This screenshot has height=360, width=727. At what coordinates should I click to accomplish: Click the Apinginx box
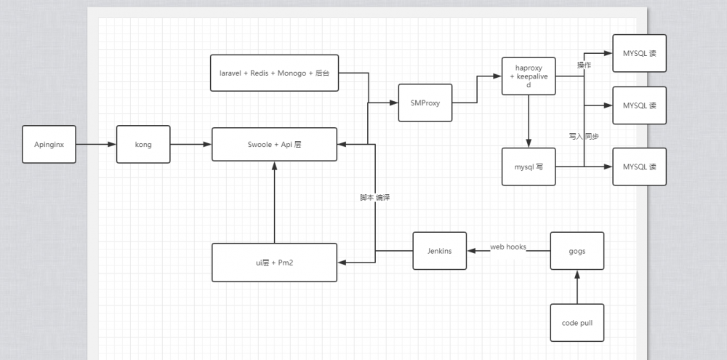coord(49,144)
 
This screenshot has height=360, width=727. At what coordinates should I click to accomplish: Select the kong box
coord(143,144)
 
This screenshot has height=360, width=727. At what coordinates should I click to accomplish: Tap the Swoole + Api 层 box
coord(274,144)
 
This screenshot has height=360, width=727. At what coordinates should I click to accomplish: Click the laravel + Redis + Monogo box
coord(274,73)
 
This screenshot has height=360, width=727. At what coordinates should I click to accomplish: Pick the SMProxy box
coord(425,103)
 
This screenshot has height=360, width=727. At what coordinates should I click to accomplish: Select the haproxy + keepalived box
coord(529,76)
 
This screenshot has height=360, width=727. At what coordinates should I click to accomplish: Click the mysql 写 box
coord(529,167)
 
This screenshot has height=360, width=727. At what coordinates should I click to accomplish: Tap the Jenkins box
coord(439,251)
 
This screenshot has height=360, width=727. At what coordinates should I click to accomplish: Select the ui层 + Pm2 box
coord(274,262)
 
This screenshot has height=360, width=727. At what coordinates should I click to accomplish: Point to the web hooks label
coord(508,247)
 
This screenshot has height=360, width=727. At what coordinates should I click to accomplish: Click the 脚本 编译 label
coord(375,198)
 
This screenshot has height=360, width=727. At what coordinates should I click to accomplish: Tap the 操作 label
coord(584,65)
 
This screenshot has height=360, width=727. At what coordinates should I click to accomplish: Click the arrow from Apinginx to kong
coord(96,144)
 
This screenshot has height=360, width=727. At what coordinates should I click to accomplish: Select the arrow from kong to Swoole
coord(190,144)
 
